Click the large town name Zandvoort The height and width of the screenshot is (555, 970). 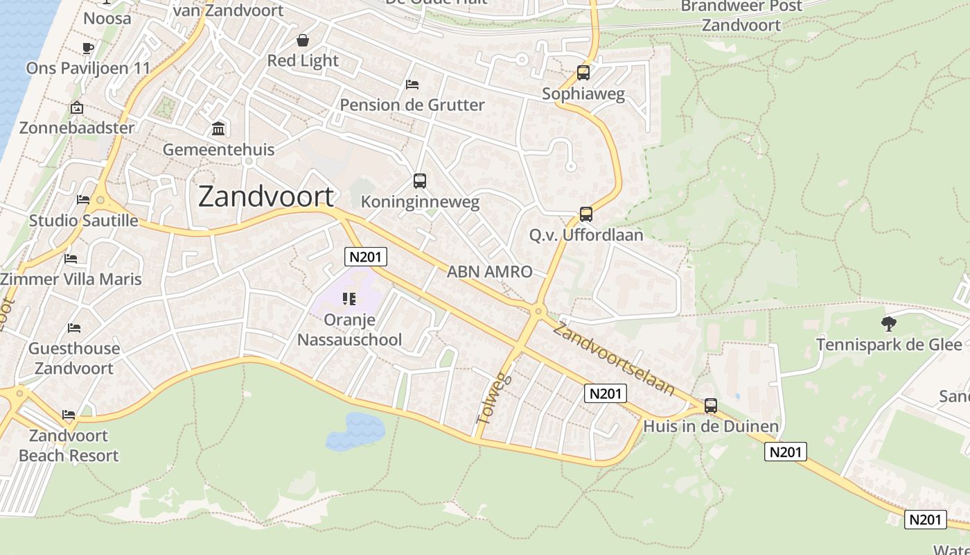coord(266,197)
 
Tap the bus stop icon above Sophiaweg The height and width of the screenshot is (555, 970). coord(583,73)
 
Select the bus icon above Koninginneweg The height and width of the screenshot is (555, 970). coord(420,181)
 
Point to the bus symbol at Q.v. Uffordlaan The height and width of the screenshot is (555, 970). coord(586,214)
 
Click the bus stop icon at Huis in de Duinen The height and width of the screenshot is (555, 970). coord(711,406)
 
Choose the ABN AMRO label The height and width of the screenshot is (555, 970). coord(489,272)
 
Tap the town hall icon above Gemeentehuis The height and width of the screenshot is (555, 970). coord(218,129)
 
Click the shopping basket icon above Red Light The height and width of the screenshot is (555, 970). coord(303,40)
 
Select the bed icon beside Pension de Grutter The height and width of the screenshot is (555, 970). coord(412,85)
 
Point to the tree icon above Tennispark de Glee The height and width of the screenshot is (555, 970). coord(888,323)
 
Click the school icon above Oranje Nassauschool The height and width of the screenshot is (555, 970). coord(349,299)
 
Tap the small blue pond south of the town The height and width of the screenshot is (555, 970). coord(355,431)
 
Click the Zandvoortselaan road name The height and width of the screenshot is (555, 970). coord(613,359)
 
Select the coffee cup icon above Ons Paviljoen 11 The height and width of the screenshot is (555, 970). coord(87,48)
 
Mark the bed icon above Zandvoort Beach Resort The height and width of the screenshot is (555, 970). coord(69,415)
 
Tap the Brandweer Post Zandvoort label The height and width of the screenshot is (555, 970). coord(741,15)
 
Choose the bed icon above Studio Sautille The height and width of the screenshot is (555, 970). coord(83,200)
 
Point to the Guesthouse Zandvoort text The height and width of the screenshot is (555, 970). coord(74,358)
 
